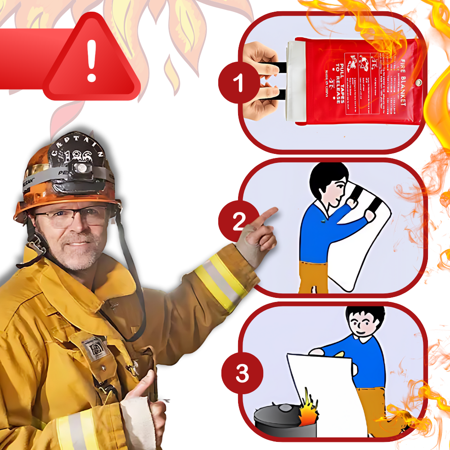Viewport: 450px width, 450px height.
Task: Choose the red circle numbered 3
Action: [x=242, y=373]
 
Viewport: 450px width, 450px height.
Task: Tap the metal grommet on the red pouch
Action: [x=418, y=83]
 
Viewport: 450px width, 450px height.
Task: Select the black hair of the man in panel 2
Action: [x=326, y=178]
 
